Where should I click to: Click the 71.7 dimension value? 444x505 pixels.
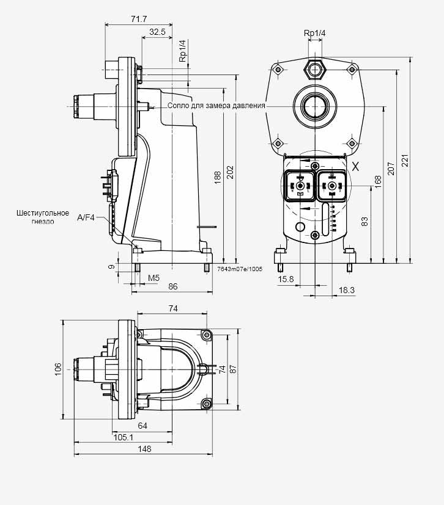click(x=139, y=20)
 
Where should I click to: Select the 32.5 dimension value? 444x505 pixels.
click(x=157, y=32)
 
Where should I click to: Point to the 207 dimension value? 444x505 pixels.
click(x=391, y=169)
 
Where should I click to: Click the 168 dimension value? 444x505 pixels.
click(x=378, y=182)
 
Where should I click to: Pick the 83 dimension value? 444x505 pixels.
click(x=364, y=222)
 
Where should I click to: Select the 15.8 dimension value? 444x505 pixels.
click(x=286, y=279)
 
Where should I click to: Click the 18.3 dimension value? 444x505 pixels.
click(x=347, y=290)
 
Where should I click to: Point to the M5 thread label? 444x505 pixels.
click(x=154, y=278)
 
